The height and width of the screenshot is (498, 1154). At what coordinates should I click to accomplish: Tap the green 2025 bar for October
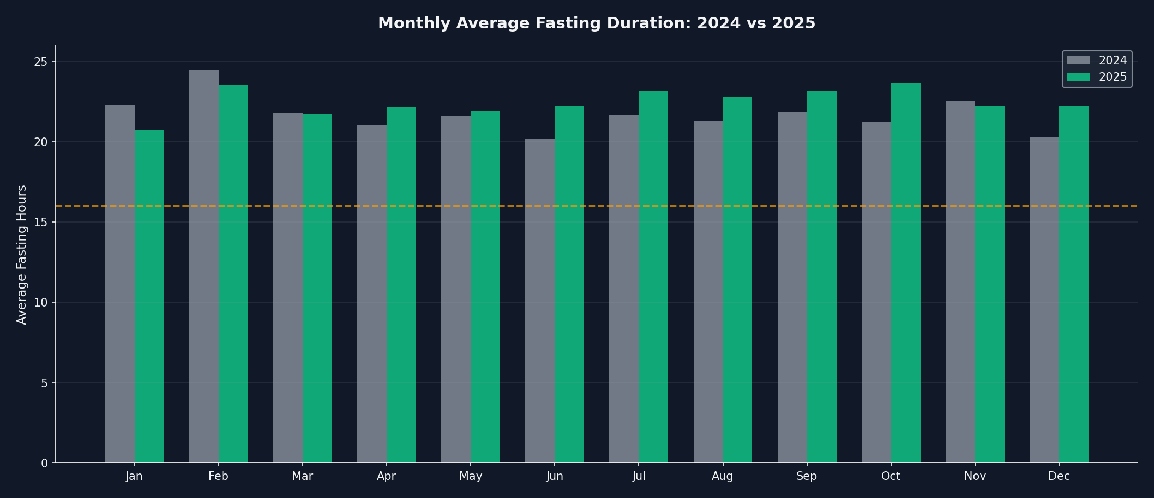tap(906, 273)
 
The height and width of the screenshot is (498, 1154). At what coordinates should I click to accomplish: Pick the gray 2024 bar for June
tap(540, 301)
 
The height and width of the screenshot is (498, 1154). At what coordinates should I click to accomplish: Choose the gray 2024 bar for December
tap(1044, 299)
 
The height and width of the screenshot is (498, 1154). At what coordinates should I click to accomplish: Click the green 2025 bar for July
tap(653, 277)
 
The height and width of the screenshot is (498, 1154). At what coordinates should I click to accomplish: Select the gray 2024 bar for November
tap(960, 281)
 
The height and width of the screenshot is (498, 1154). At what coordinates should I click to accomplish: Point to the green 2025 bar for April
tap(401, 285)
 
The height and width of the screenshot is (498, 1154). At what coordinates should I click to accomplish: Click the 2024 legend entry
tap(1097, 61)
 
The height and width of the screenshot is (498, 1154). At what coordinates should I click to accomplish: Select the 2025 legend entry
tap(1097, 77)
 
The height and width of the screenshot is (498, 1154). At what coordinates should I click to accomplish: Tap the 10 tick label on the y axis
tap(41, 303)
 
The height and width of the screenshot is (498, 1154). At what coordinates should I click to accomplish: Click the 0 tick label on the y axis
tap(45, 463)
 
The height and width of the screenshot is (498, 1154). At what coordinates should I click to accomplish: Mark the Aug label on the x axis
tap(723, 477)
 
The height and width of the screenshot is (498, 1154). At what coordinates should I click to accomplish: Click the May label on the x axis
tap(471, 477)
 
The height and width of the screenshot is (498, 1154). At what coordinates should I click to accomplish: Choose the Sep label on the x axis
tap(807, 477)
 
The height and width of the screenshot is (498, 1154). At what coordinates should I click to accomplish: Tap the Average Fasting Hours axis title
tap(22, 255)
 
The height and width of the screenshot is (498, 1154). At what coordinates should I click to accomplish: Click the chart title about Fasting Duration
tap(597, 23)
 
